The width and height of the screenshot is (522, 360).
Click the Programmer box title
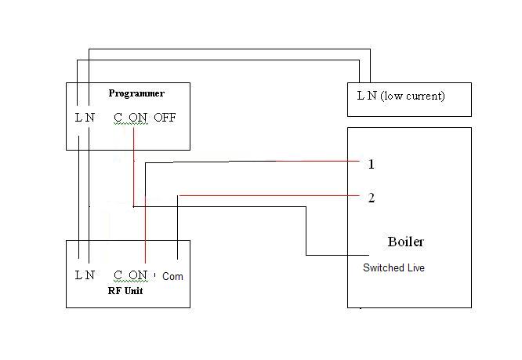136,93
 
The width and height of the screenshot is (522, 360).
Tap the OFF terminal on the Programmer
165,118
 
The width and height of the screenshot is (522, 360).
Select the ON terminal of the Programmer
138,118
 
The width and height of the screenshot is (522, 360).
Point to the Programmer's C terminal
118,118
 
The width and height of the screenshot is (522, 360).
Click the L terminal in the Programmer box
78,118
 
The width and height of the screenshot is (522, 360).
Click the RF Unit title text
125,290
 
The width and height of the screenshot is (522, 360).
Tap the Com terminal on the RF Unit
173,276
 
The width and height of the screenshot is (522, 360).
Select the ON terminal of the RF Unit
138,275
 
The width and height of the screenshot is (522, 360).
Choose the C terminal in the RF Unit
118,275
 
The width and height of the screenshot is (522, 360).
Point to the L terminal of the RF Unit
78,275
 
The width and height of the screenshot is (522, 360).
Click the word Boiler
406,241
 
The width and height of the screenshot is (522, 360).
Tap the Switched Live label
393,268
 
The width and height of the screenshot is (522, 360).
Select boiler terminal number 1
371,165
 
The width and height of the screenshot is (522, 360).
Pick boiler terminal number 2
371,198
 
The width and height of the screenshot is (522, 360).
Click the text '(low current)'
412,96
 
